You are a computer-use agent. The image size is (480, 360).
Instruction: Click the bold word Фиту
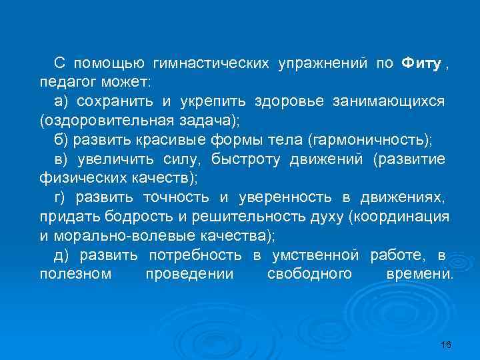click(x=421, y=63)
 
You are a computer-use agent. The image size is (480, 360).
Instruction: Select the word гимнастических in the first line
click(x=211, y=63)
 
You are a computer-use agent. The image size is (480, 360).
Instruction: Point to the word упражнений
click(x=323, y=63)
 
